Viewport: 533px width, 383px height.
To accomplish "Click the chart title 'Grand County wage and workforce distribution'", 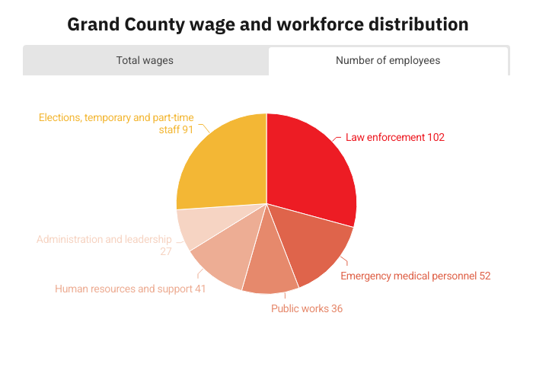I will point(267,24).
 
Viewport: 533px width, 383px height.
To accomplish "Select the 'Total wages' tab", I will point(145,60).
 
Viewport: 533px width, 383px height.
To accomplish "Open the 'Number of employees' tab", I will point(388,60).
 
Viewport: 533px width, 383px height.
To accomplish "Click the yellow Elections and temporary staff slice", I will point(221,164).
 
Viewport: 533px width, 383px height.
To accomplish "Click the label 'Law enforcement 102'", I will point(394,137).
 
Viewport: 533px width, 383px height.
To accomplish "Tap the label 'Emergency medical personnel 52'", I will point(415,276).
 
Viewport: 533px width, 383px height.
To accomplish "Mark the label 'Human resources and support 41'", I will point(130,289).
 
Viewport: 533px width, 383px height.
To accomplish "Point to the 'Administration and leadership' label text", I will point(104,239).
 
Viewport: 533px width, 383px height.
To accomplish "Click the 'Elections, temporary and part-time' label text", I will point(116,117).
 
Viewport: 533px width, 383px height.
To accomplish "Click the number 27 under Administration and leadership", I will point(165,251).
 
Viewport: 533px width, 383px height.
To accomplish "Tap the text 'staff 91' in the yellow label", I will point(176,129).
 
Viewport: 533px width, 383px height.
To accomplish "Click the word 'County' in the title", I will point(150,24).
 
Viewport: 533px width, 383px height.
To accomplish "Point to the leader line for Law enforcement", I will point(338,138).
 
